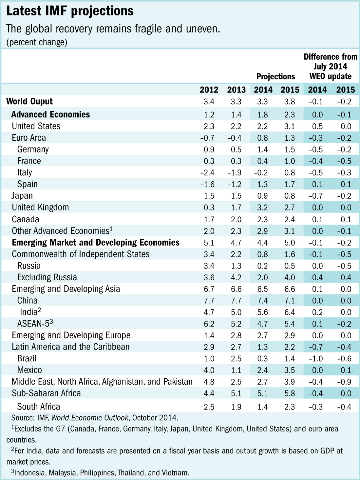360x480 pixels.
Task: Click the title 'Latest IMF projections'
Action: click(x=70, y=11)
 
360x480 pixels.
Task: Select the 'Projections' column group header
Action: click(x=275, y=77)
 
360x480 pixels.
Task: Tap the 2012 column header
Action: click(x=209, y=90)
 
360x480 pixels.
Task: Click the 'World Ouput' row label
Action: click(x=29, y=101)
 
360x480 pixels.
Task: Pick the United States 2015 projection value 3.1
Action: click(x=290, y=127)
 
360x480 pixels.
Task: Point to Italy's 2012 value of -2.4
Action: click(x=207, y=173)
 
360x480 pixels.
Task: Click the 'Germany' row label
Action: click(x=33, y=150)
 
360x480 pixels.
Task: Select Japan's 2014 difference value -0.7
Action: click(x=315, y=196)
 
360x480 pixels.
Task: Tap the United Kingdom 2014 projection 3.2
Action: click(x=262, y=208)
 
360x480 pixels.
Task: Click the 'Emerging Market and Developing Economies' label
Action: click(x=96, y=243)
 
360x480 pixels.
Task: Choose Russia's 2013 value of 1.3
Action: click(x=236, y=266)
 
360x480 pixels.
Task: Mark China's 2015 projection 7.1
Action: click(x=290, y=301)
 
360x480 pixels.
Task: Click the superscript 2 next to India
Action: click(x=39, y=310)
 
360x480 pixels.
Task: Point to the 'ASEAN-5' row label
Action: click(x=33, y=324)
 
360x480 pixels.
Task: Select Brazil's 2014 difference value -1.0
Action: click(x=315, y=359)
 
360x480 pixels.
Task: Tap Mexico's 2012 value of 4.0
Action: click(x=209, y=370)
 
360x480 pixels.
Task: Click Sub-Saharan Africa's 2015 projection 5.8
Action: click(x=290, y=393)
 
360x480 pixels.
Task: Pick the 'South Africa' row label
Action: click(x=39, y=407)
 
